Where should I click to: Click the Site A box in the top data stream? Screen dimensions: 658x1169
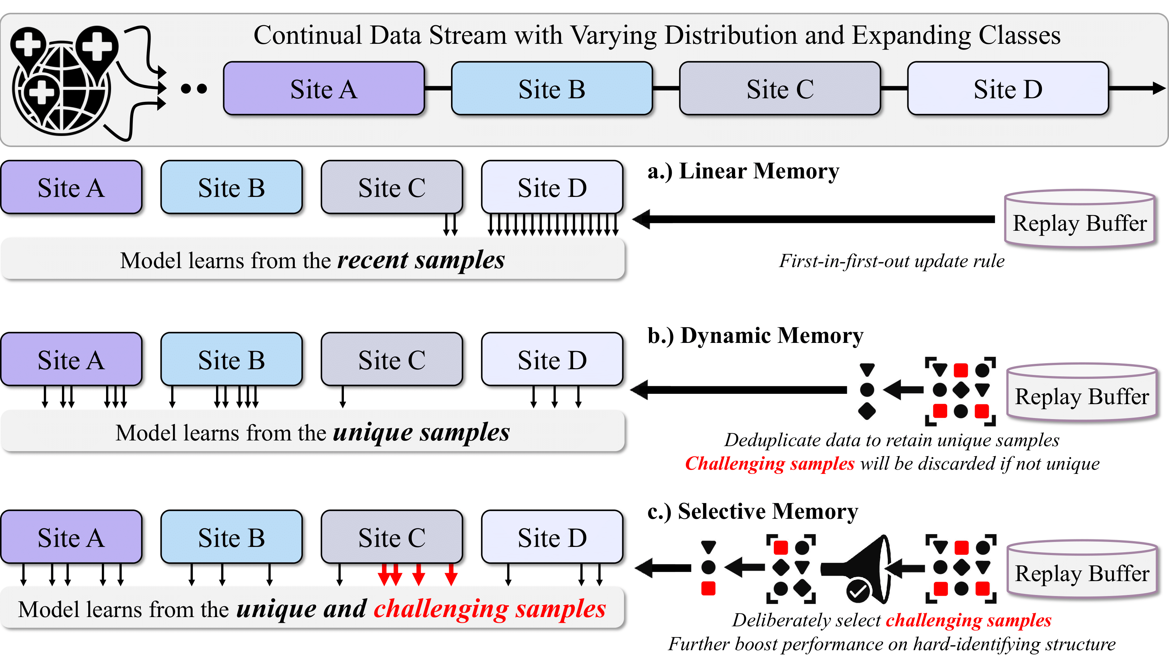[x=324, y=89]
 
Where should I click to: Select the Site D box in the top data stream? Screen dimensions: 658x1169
[x=1007, y=89]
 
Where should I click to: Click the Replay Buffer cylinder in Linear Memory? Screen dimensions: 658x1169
[x=1080, y=220]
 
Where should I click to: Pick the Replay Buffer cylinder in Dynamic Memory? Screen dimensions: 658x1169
[x=1081, y=393]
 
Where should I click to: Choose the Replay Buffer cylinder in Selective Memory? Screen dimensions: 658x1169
[x=1081, y=570]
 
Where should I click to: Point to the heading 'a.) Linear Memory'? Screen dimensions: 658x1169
[x=743, y=172]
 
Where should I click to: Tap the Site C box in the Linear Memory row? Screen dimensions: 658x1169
[x=392, y=187]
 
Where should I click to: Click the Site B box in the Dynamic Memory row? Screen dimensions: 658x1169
[x=231, y=360]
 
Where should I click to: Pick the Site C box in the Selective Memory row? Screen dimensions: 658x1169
[x=392, y=537]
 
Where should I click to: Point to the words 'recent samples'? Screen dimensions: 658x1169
[x=421, y=261]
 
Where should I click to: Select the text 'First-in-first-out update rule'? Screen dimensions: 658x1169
[x=891, y=261]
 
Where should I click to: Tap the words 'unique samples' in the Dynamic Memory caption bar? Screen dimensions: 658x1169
[x=421, y=433]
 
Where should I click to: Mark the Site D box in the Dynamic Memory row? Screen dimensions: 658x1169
[x=552, y=360]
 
